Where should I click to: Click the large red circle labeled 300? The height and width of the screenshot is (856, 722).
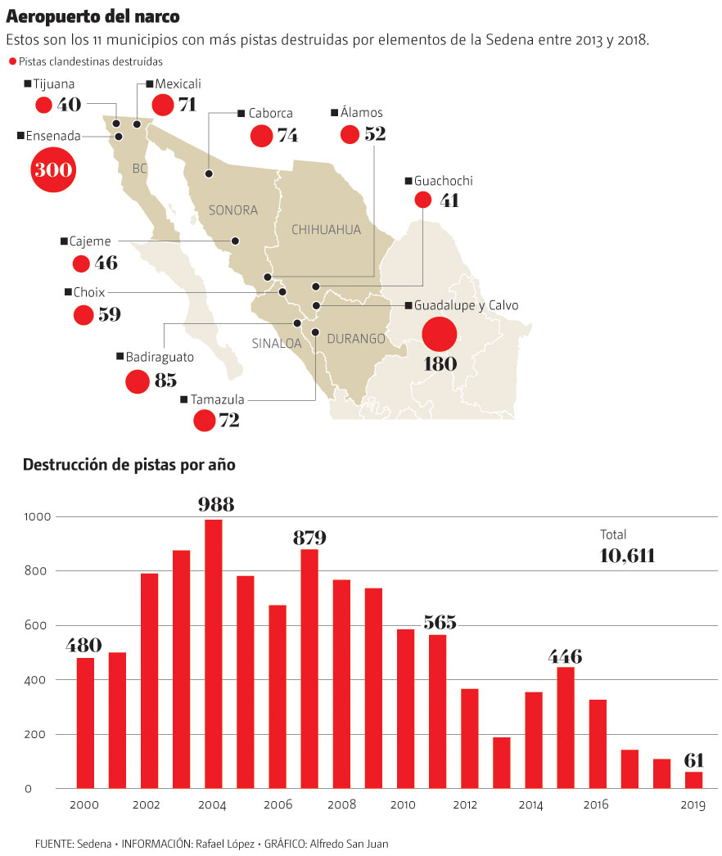(53, 170)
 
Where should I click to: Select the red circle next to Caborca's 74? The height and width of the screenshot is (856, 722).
(261, 136)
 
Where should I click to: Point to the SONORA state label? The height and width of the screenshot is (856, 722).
(233, 210)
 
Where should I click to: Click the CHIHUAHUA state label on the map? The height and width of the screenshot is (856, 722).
(326, 230)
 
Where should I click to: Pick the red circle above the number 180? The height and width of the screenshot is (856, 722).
(439, 334)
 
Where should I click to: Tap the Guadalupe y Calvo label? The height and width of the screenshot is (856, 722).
(466, 305)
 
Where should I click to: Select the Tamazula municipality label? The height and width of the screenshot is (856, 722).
(217, 400)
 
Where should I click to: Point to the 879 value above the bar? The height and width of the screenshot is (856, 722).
(309, 538)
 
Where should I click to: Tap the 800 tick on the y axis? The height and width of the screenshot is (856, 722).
(39, 571)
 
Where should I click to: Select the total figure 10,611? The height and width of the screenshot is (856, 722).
(627, 556)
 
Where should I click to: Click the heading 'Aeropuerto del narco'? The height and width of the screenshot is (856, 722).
(93, 16)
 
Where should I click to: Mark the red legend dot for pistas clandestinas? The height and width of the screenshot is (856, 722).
(12, 62)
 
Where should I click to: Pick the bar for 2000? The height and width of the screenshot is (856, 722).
(85, 723)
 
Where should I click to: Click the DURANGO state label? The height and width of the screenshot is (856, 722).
(356, 338)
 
